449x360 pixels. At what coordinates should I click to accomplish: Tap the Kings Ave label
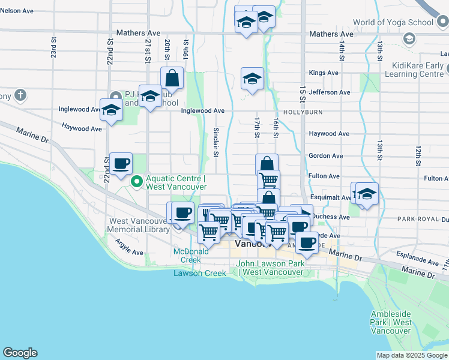pyautogui.click(x=324, y=73)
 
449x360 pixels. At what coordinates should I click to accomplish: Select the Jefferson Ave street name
pyautogui.click(x=330, y=92)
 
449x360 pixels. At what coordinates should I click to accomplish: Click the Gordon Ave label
pyautogui.click(x=325, y=156)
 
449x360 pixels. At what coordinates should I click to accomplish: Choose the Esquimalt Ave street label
pyautogui.click(x=330, y=197)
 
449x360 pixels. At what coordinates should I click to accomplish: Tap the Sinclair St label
pyautogui.click(x=216, y=142)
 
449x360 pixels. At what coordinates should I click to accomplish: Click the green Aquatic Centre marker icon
pyautogui.click(x=136, y=180)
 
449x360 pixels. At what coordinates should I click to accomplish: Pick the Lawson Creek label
pyautogui.click(x=200, y=273)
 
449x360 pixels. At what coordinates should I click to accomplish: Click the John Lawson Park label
pyautogui.click(x=270, y=268)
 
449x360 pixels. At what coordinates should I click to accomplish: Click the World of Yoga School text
pyautogui.click(x=393, y=23)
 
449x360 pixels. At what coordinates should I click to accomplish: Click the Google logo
pyautogui.click(x=20, y=353)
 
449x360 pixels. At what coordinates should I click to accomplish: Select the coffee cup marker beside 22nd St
pyautogui.click(x=121, y=164)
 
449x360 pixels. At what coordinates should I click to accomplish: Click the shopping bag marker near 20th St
pyautogui.click(x=172, y=78)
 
